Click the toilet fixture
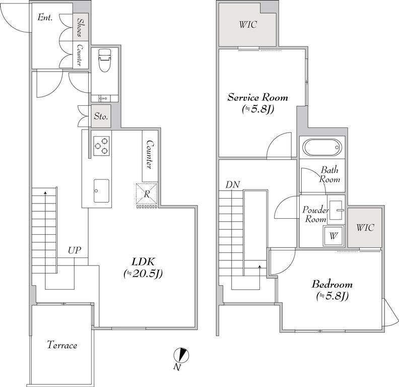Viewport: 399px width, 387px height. tap(105, 60)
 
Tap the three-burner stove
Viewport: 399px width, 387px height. tap(102, 146)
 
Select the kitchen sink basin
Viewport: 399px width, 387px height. tap(101, 190)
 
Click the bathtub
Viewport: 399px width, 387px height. tap(322, 147)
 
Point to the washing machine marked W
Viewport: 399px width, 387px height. tap(334, 236)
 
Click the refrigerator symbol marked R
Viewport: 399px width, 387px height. tap(147, 194)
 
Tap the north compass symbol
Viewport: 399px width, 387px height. tap(181, 355)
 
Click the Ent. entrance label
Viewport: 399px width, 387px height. tap(45, 17)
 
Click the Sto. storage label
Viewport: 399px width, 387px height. tap(101, 116)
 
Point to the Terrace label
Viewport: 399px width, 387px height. tap(62, 345)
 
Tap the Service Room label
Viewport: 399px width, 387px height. tap(258, 97)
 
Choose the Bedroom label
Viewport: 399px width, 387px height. tap(332, 284)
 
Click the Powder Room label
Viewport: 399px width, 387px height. tap(315, 214)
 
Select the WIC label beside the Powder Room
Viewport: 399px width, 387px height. tap(365, 227)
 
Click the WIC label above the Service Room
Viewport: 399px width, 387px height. tap(248, 25)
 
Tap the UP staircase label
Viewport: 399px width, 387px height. tap(75, 250)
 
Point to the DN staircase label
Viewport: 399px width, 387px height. tap(233, 184)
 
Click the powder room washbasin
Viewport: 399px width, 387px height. tap(336, 210)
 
